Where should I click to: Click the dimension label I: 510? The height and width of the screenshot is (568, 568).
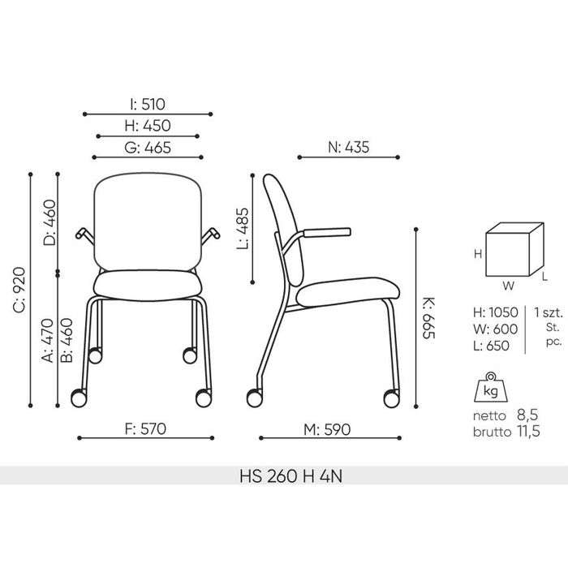pyautogui.click(x=148, y=105)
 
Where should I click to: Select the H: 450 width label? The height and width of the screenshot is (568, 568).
pyautogui.click(x=148, y=126)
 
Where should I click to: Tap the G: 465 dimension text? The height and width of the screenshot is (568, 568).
pyautogui.click(x=148, y=148)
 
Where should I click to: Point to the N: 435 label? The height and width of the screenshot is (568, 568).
pyautogui.click(x=348, y=148)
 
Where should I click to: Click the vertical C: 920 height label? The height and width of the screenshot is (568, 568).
pyautogui.click(x=19, y=290)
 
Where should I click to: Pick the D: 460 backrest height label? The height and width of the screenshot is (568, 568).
pyautogui.click(x=49, y=223)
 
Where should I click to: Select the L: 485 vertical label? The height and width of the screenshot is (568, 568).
pyautogui.click(x=243, y=229)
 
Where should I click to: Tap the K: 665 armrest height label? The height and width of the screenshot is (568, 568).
pyautogui.click(x=429, y=318)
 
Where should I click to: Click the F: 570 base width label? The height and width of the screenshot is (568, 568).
pyautogui.click(x=145, y=429)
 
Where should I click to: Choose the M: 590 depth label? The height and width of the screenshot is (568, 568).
pyautogui.click(x=327, y=430)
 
